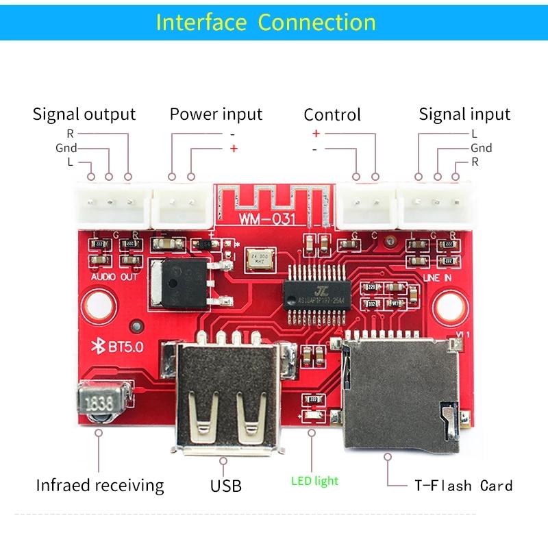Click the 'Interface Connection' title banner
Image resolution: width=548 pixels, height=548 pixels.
(266, 22)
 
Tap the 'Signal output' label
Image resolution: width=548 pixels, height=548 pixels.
(84, 114)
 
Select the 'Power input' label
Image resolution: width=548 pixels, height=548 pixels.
(216, 114)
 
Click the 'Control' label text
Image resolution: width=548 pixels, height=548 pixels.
(332, 115)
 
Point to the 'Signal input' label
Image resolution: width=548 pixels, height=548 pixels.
(464, 114)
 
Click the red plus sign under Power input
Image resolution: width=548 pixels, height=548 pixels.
(234, 148)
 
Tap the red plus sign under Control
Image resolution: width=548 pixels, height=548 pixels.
(316, 133)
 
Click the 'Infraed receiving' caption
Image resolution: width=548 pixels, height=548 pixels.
(100, 486)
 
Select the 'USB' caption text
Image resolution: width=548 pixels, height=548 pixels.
(226, 486)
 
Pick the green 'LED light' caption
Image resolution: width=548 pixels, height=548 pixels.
(314, 481)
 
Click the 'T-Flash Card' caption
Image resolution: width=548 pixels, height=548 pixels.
(463, 486)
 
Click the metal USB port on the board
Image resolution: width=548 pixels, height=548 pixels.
(226, 397)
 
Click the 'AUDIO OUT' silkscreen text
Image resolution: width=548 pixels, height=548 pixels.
(114, 277)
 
